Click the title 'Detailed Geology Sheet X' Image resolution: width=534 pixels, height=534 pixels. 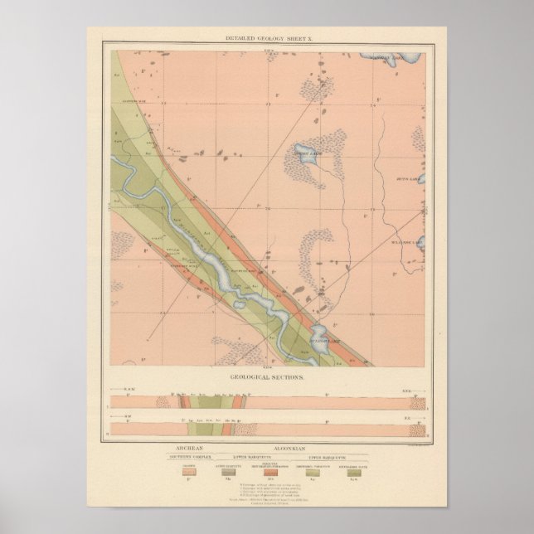(x=266, y=40)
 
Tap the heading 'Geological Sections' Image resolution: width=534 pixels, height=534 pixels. (x=266, y=376)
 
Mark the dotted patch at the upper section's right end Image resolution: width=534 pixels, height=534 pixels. (x=419, y=402)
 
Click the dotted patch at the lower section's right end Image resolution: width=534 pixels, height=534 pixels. (x=419, y=431)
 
